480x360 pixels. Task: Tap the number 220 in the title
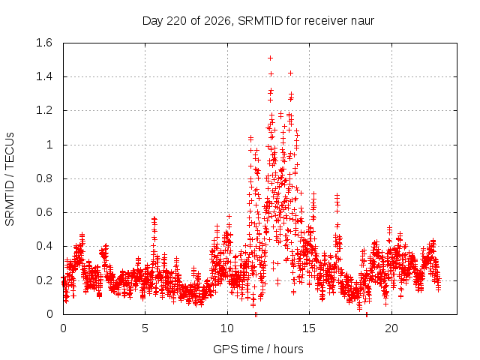click(x=176, y=21)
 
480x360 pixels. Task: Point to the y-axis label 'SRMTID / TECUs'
click(x=10, y=179)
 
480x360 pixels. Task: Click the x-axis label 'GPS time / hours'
click(x=258, y=349)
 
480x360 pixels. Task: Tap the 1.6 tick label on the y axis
click(x=44, y=43)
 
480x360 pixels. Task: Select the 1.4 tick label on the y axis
click(x=44, y=76)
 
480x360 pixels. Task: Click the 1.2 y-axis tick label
click(x=44, y=110)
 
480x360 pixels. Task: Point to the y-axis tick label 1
click(x=49, y=145)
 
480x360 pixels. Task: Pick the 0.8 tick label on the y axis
click(x=44, y=178)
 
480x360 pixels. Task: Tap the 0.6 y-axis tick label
click(x=44, y=212)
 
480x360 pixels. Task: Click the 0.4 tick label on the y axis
click(x=44, y=246)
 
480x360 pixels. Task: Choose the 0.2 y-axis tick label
click(x=44, y=280)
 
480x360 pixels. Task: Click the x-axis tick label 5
click(x=145, y=328)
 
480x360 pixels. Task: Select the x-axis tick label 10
click(x=227, y=328)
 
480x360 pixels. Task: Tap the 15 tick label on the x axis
click(x=309, y=328)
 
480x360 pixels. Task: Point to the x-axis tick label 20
click(x=391, y=328)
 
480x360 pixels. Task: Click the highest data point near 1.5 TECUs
click(x=270, y=58)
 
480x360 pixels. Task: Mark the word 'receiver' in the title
click(x=327, y=21)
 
